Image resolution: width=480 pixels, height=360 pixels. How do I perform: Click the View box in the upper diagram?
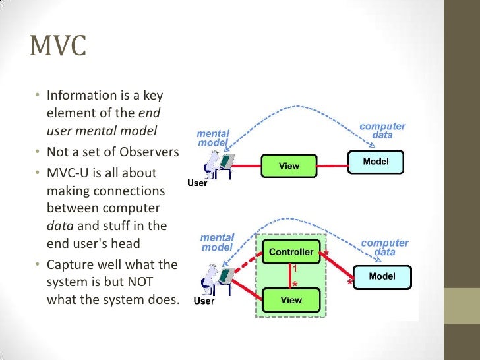coord(289,166)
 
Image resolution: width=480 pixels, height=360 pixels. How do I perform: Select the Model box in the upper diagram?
coord(375,162)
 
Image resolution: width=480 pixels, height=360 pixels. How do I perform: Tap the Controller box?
coord(291,251)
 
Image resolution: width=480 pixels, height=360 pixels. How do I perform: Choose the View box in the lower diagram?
coord(291,299)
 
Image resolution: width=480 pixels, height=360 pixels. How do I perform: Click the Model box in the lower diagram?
coord(382,276)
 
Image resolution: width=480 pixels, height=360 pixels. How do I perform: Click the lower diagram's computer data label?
coord(385,247)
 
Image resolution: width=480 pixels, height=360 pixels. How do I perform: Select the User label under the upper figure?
coord(198,183)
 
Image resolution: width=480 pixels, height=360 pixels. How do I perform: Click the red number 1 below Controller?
coord(295,269)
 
